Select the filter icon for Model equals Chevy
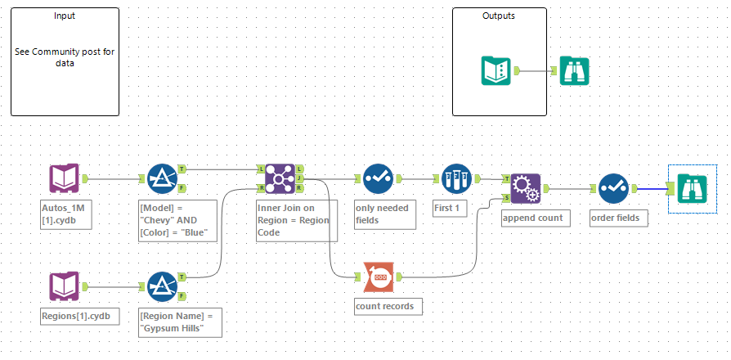163,178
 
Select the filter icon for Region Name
163,287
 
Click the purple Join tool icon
280,178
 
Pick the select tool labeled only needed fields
379,178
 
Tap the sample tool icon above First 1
456,178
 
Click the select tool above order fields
612,188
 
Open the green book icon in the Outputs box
497,70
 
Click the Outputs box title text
499,16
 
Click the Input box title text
65,16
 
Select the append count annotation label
531,218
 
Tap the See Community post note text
65,56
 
